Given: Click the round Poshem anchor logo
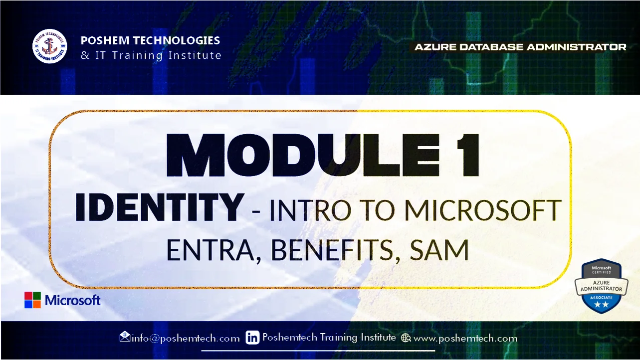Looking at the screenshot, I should [x=49, y=46].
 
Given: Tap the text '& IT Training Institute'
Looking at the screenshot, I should [x=151, y=55].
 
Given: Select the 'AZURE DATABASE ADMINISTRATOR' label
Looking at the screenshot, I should [x=520, y=47].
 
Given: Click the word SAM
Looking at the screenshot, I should [x=439, y=250].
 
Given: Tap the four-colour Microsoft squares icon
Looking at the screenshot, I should [x=32, y=300].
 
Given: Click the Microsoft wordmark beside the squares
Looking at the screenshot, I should [x=73, y=300].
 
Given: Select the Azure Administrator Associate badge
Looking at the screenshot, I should [x=601, y=286].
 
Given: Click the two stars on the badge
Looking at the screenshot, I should [x=601, y=304].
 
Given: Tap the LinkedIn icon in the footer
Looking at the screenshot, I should [x=253, y=338].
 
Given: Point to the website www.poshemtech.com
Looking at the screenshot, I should [x=465, y=338].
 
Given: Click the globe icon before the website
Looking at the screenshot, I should [x=406, y=338].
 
